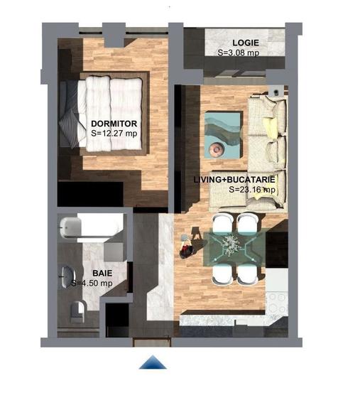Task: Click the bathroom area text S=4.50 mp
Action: click(92, 283)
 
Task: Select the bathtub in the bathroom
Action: click(89, 228)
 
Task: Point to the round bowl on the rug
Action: click(217, 147)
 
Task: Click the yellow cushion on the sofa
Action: click(270, 126)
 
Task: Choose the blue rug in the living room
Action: click(224, 135)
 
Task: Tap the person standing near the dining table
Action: click(187, 247)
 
